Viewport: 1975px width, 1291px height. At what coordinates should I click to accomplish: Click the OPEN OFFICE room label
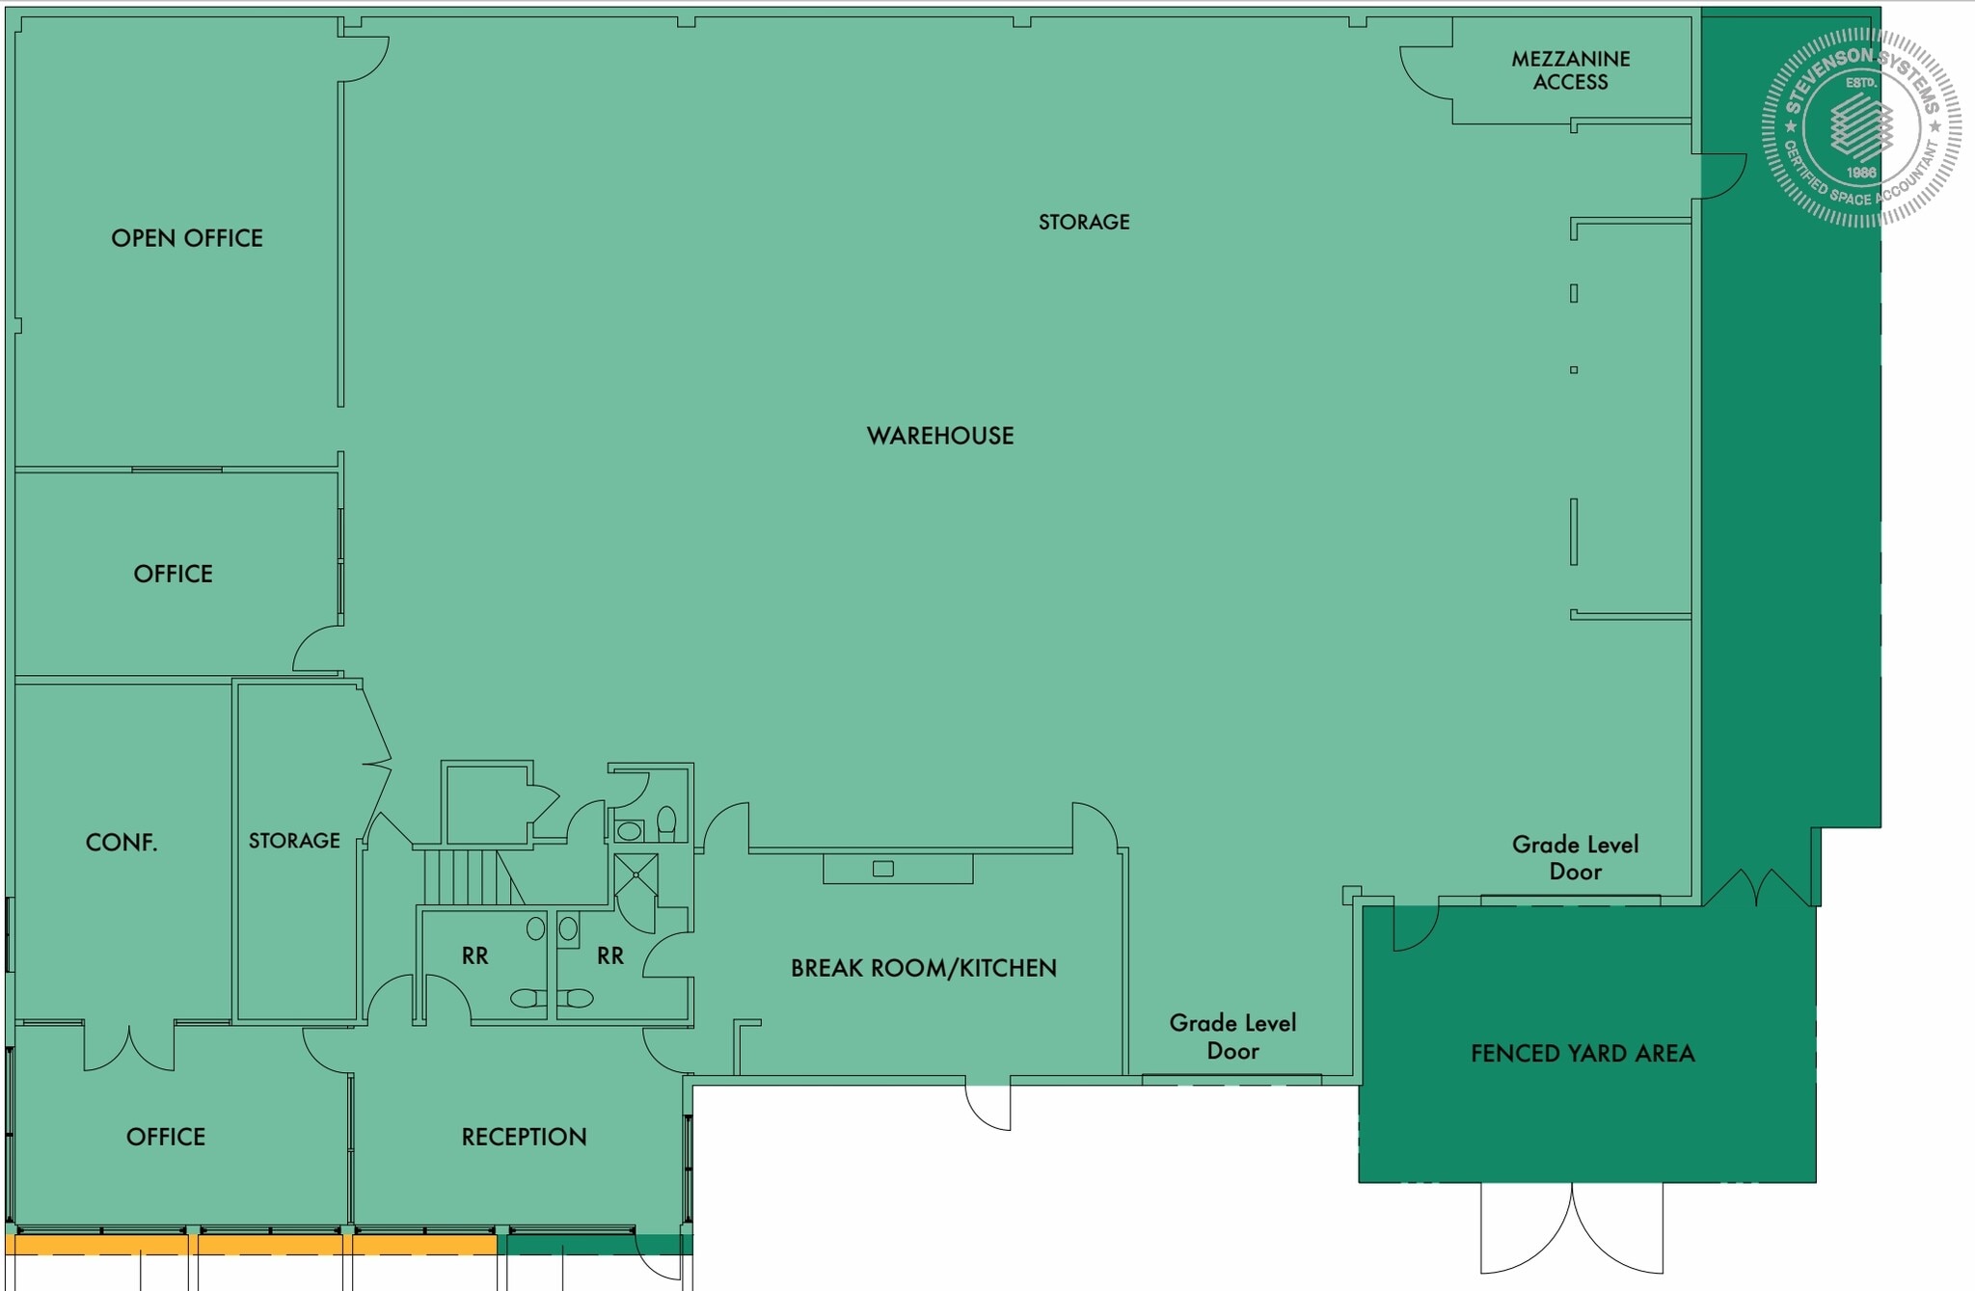click(x=187, y=238)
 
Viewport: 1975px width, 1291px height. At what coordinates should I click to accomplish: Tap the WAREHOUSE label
click(x=940, y=436)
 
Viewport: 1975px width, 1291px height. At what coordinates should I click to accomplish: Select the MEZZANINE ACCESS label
click(x=1570, y=70)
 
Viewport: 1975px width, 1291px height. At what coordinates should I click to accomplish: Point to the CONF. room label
click(x=122, y=843)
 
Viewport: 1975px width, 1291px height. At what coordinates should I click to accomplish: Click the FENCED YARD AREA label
click(x=1583, y=1053)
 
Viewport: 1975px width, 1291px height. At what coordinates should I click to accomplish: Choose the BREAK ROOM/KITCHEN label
click(x=923, y=968)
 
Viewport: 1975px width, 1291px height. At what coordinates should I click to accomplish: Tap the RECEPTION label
click(x=524, y=1137)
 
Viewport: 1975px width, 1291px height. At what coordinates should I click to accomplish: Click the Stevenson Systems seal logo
click(x=1860, y=127)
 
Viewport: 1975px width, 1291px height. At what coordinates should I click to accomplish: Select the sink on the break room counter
click(x=882, y=869)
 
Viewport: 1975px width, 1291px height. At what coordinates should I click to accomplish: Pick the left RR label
click(x=474, y=955)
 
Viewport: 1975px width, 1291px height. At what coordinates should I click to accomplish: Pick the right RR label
click(x=609, y=955)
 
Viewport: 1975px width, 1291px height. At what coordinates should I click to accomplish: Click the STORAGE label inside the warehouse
click(x=1084, y=222)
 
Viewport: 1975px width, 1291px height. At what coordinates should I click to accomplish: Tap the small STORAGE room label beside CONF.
click(x=294, y=841)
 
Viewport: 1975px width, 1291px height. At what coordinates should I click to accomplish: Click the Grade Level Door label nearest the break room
click(x=1232, y=1036)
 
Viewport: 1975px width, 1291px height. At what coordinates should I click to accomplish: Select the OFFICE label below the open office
click(x=174, y=574)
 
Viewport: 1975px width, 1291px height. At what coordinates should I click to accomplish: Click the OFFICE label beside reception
click(x=166, y=1137)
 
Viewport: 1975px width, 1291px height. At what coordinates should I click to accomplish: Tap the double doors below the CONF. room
click(x=129, y=1047)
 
